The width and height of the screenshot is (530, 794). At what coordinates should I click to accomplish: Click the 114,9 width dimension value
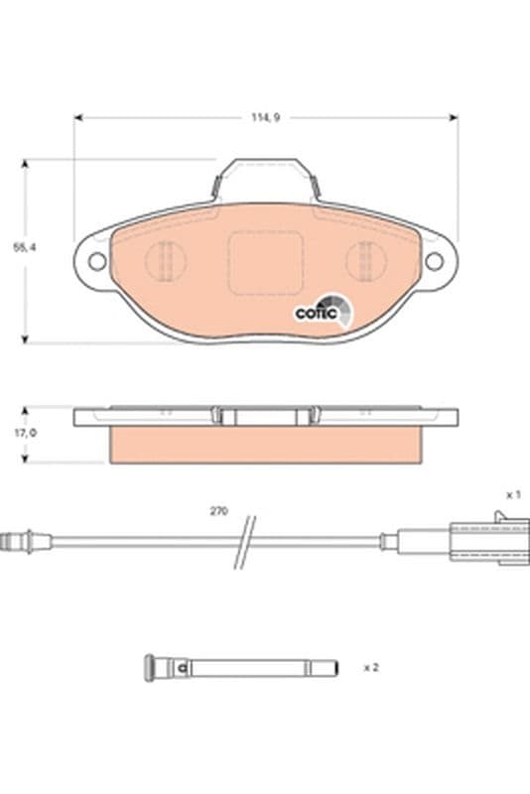(266, 117)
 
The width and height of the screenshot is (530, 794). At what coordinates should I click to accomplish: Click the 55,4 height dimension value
(25, 247)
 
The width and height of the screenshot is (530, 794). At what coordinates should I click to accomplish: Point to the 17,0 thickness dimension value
(26, 433)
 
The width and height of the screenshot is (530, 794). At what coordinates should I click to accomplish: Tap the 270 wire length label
(218, 511)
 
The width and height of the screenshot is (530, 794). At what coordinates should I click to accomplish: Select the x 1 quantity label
(513, 494)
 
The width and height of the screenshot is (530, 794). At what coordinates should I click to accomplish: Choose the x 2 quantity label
(371, 667)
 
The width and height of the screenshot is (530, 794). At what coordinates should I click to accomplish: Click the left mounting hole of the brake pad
(97, 262)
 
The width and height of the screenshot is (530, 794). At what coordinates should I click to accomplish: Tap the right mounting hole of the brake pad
(434, 261)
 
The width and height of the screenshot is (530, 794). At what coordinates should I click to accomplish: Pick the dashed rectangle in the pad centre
(265, 262)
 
